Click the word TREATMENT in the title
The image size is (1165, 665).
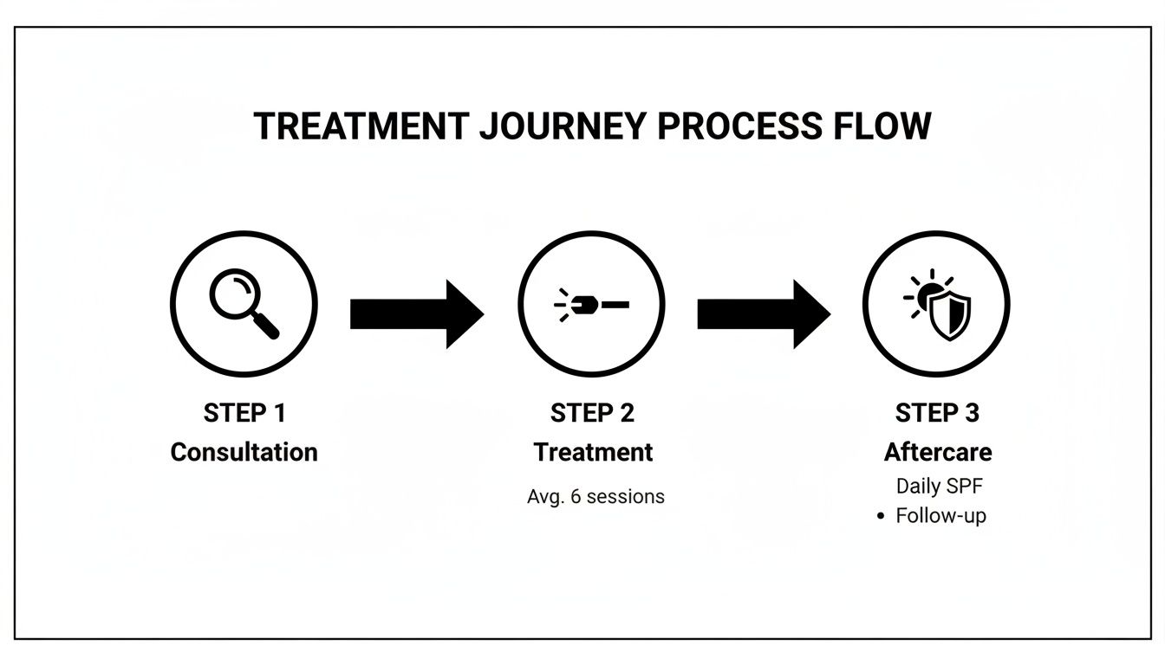361,126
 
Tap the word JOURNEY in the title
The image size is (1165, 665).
563,126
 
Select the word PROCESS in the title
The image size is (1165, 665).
739,126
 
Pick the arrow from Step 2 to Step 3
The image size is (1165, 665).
763,314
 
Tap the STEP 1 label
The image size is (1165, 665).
244,414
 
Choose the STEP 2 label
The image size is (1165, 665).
592,414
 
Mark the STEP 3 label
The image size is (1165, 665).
937,414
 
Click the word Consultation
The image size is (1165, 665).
244,452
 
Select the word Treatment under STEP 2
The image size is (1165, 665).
593,452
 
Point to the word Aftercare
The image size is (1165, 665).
938,452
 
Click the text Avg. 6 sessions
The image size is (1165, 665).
596,497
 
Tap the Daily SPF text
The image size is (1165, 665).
940,487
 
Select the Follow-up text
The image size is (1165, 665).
940,516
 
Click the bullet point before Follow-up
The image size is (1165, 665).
881,517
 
